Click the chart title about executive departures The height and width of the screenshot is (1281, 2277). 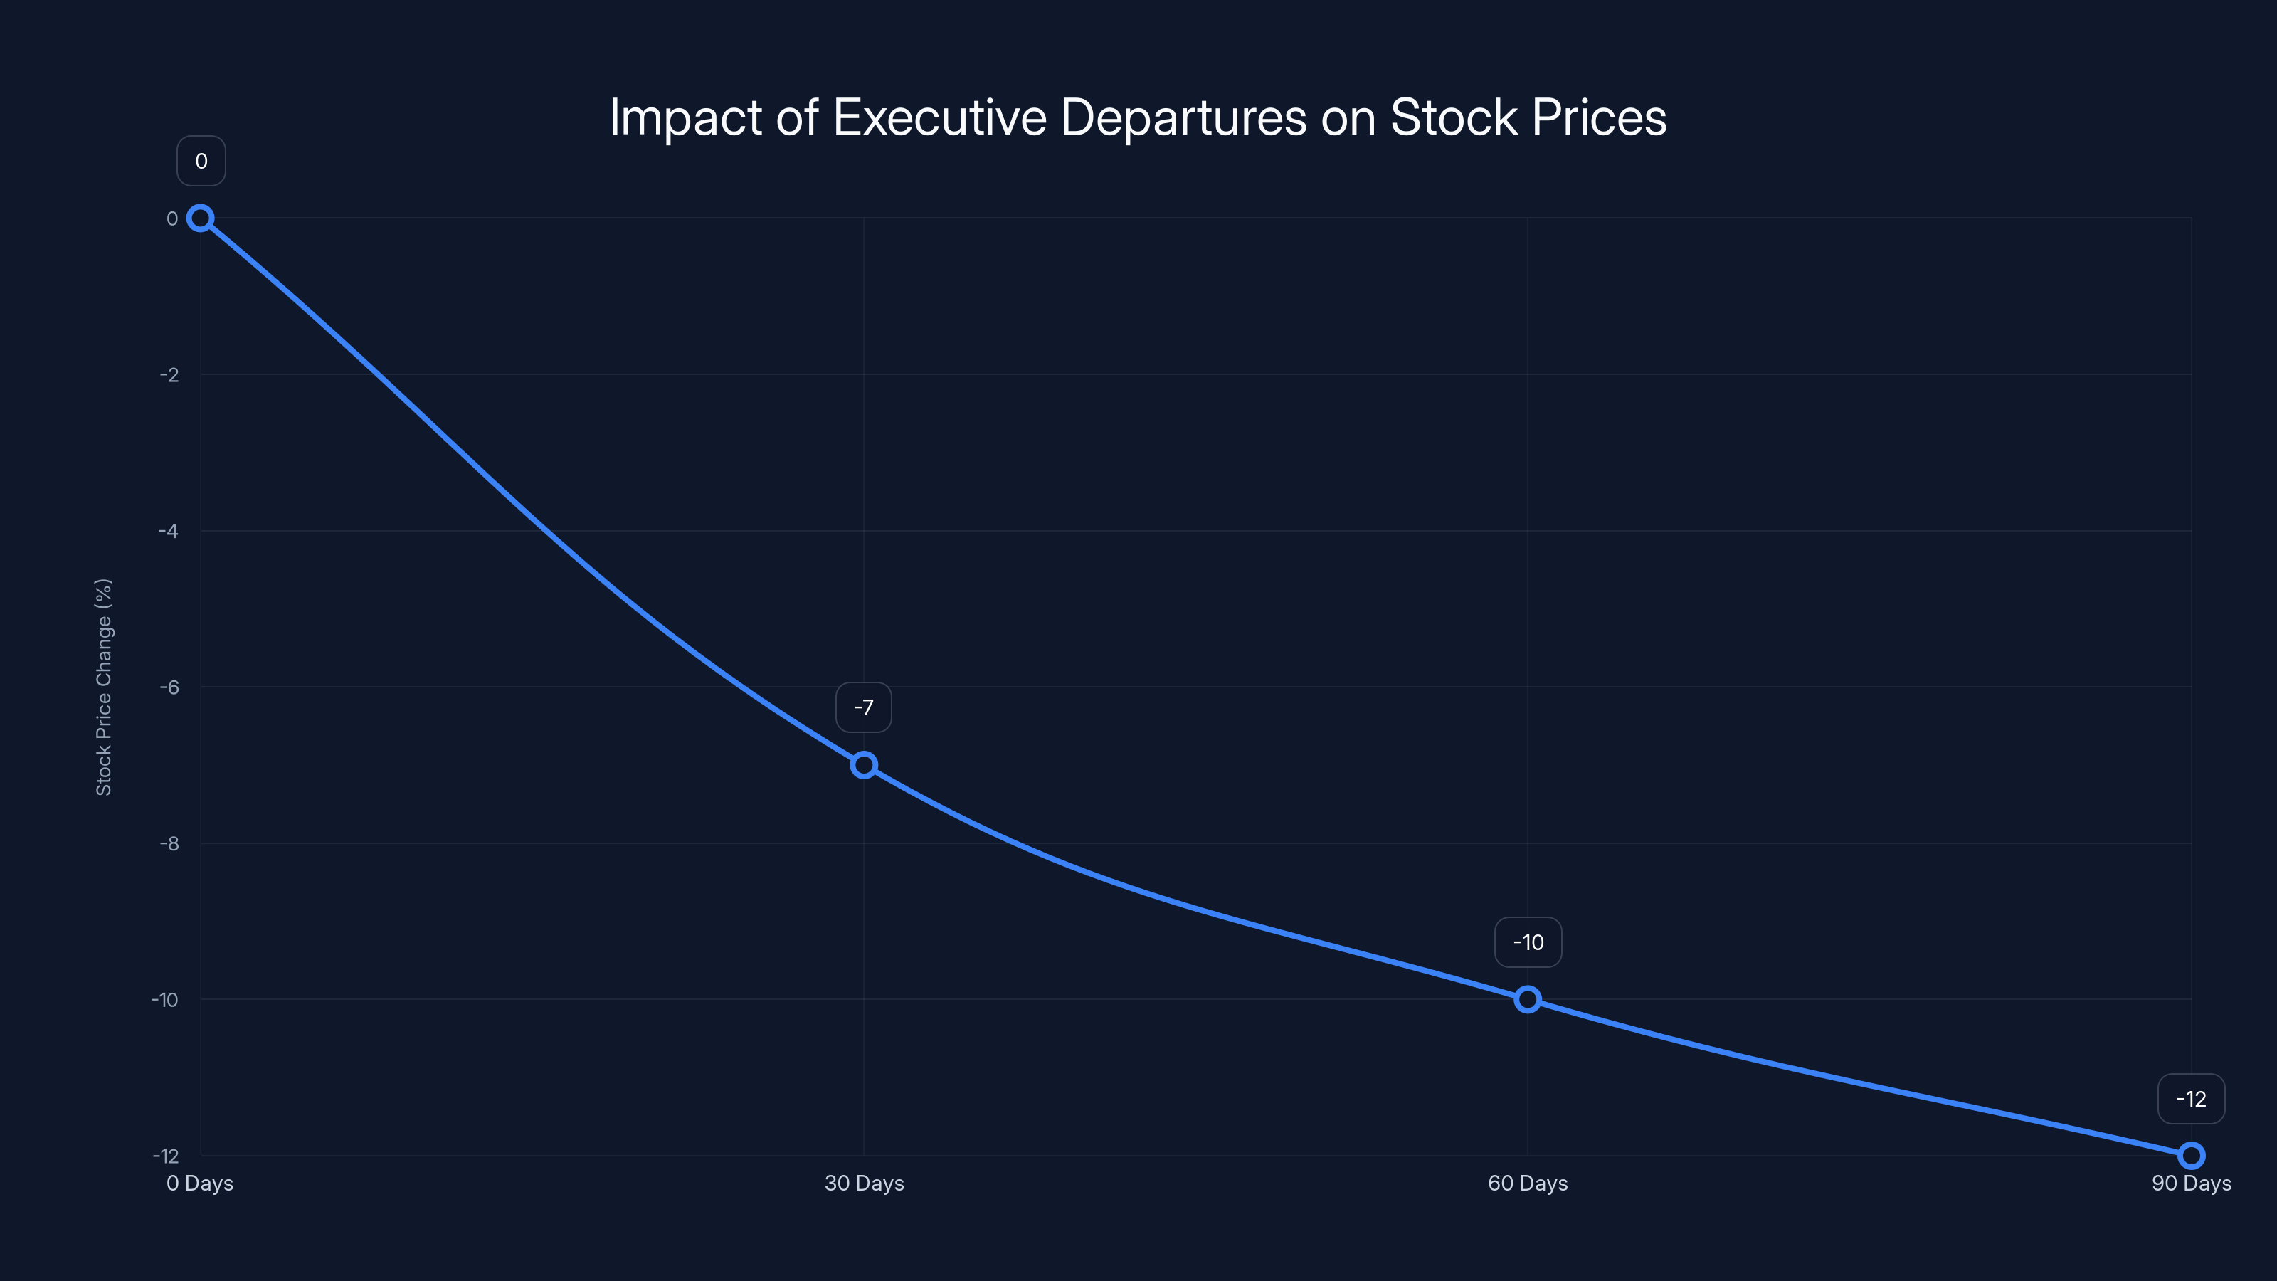(x=1138, y=117)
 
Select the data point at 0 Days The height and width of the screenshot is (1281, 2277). (x=201, y=218)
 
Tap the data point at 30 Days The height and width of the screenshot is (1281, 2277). (x=864, y=765)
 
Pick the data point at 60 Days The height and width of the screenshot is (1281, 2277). (x=1528, y=1000)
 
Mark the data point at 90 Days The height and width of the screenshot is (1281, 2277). (x=2192, y=1156)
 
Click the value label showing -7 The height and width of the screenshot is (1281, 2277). (x=864, y=707)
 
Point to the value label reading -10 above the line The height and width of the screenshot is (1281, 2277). (x=1528, y=942)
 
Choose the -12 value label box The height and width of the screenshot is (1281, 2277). (x=2192, y=1099)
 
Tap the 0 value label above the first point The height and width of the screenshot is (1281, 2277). (x=201, y=161)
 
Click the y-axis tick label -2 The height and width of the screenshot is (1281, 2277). (x=169, y=375)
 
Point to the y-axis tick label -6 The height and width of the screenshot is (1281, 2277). (x=169, y=687)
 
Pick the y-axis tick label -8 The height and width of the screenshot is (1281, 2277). (x=169, y=843)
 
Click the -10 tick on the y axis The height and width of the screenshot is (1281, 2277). (x=165, y=1000)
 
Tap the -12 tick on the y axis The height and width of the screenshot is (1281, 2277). (x=165, y=1156)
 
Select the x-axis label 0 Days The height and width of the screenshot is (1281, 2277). (x=200, y=1183)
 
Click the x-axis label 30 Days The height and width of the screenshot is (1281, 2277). (x=864, y=1183)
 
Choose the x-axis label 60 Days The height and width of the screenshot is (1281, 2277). (x=1528, y=1183)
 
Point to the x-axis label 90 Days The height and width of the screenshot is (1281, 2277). (x=2192, y=1183)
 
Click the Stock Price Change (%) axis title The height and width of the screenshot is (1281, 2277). (x=103, y=687)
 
